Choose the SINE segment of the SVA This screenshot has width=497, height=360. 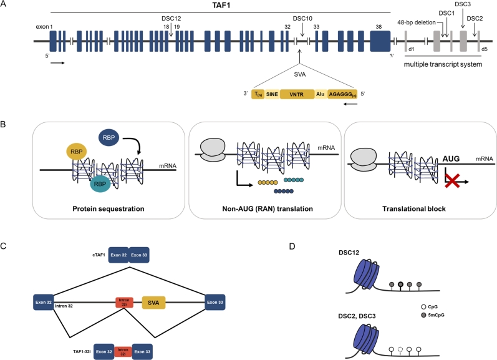coord(272,94)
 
